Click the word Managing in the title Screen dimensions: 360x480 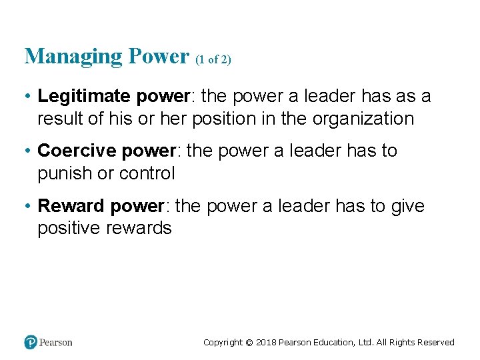[x=65, y=57]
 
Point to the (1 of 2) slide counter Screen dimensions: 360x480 [x=214, y=60]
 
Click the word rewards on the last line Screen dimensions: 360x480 [x=139, y=229]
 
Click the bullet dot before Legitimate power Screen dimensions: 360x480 [x=29, y=96]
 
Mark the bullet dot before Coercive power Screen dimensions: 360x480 [x=29, y=151]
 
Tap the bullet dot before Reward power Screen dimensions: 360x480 [x=29, y=206]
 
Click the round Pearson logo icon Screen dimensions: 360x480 [x=31, y=342]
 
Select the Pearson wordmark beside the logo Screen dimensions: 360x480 [x=56, y=342]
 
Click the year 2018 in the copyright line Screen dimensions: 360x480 [x=266, y=343]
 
